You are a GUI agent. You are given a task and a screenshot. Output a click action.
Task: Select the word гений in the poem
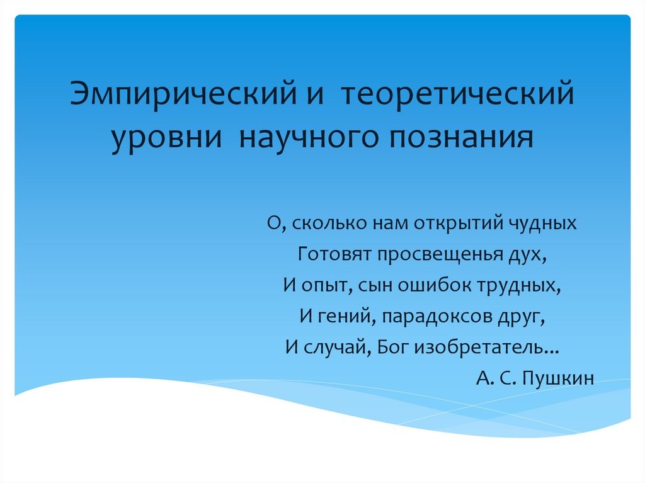pyautogui.click(x=344, y=317)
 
